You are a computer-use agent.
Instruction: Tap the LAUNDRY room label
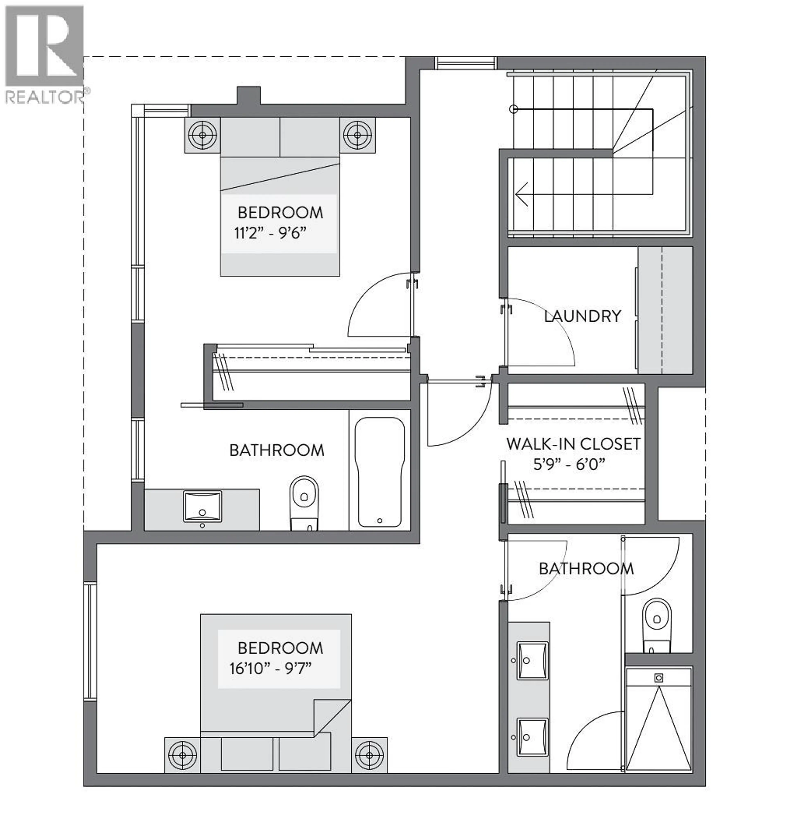(582, 316)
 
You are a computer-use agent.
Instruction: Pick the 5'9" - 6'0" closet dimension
(569, 465)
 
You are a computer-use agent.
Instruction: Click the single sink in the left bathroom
(202, 506)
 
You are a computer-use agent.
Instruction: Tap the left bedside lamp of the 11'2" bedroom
(202, 135)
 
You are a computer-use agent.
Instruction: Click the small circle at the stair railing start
(513, 109)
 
